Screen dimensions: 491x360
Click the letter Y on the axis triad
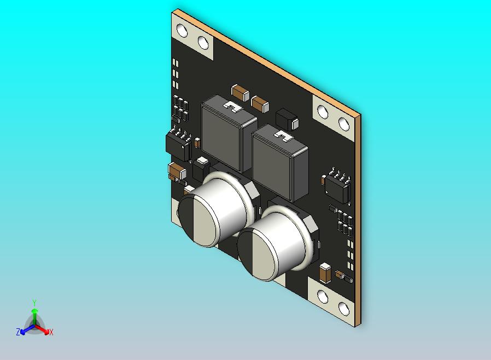(x=34, y=303)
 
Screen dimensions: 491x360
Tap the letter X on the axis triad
(x=51, y=332)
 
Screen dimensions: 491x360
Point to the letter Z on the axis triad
(x=18, y=332)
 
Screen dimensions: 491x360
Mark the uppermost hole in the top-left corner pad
(x=182, y=31)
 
